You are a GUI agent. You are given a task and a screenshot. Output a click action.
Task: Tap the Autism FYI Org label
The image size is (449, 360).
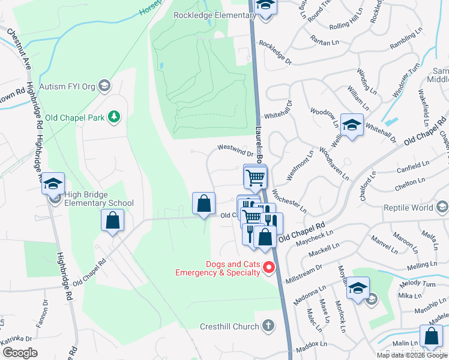tap(67, 86)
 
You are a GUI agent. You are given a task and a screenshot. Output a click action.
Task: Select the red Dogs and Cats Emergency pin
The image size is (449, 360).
tap(270, 268)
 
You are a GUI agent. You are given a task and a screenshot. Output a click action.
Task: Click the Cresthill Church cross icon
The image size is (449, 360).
tap(268, 326)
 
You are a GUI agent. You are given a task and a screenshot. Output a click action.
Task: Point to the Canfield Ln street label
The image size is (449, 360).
tap(413, 167)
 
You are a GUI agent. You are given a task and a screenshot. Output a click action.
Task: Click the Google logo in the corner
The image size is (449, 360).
tap(20, 353)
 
